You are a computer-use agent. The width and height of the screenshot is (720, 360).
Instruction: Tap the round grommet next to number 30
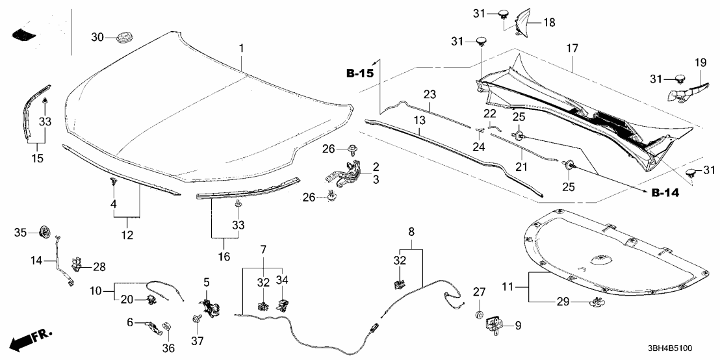click(122, 38)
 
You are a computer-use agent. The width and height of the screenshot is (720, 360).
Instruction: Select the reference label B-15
click(360, 73)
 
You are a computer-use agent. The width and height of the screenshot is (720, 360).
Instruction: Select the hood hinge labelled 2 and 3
click(346, 173)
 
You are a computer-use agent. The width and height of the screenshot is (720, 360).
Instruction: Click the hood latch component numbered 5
click(212, 305)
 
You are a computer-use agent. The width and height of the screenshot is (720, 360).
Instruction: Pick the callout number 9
click(518, 324)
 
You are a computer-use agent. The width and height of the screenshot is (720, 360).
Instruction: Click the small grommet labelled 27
click(480, 315)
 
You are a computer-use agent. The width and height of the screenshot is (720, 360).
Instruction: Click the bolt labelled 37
click(195, 319)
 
